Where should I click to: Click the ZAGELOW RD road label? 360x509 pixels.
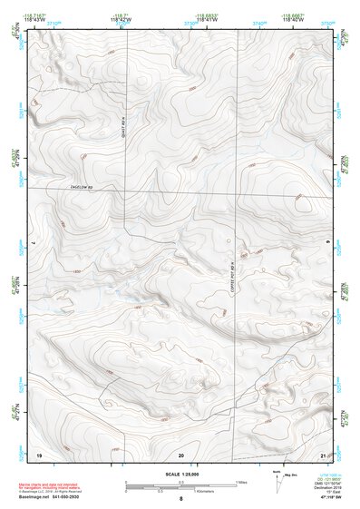tap(83, 187)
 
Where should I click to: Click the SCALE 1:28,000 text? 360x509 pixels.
tap(180, 475)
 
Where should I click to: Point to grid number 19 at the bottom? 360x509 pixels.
tap(39, 454)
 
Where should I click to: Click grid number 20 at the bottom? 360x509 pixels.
tap(181, 454)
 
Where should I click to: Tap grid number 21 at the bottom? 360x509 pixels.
tap(324, 454)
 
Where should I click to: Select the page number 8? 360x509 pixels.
tap(180, 499)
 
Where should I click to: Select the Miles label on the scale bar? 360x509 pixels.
tap(241, 482)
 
